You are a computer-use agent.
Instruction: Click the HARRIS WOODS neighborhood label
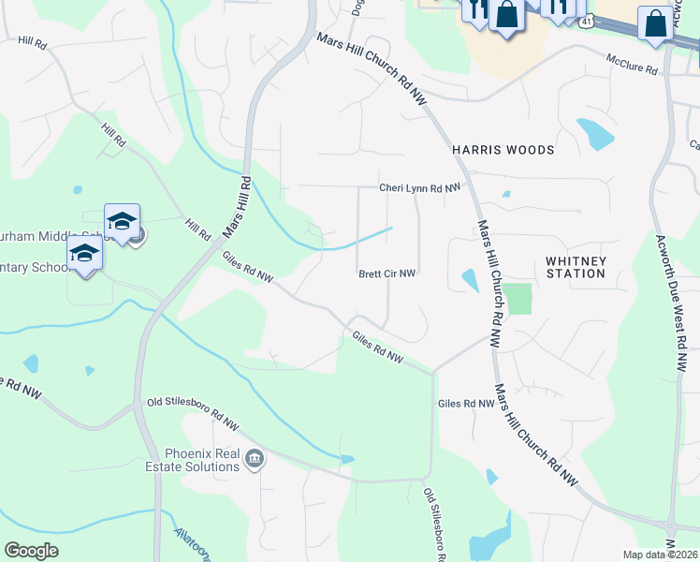click(x=503, y=150)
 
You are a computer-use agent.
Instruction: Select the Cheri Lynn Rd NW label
click(x=420, y=188)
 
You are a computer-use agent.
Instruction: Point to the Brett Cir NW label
click(x=386, y=274)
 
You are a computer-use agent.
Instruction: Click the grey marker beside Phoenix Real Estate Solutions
click(x=254, y=459)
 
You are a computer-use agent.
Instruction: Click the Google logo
click(x=32, y=550)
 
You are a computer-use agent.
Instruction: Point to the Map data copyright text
click(x=660, y=555)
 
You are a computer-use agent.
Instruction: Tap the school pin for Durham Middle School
click(x=122, y=222)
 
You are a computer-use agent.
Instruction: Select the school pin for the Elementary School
click(x=84, y=254)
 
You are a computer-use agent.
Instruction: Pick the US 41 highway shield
click(x=584, y=19)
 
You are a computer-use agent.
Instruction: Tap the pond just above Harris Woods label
click(x=595, y=134)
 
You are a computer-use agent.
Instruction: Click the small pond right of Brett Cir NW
click(x=469, y=280)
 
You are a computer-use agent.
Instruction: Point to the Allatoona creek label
click(x=192, y=542)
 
